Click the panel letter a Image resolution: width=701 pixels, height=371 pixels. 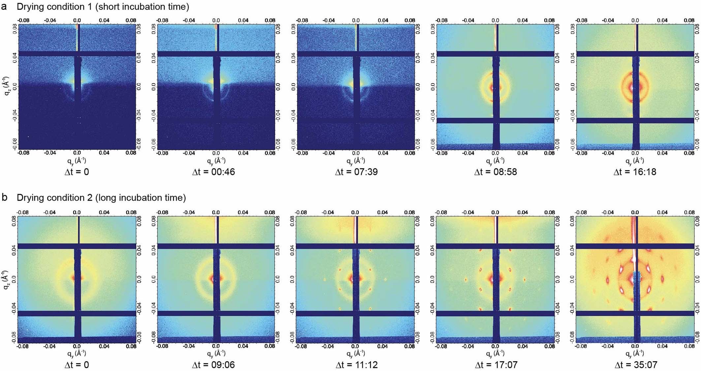tap(4, 7)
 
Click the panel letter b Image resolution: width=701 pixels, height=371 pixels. tap(5, 197)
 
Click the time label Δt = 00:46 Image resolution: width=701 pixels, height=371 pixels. tap(213, 172)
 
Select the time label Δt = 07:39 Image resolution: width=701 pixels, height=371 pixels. tap(356, 172)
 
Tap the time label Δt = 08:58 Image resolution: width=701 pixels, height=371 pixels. tap(495, 172)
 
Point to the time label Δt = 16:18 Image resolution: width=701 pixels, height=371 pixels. tap(635, 172)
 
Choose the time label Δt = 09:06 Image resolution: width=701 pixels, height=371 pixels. tap(213, 365)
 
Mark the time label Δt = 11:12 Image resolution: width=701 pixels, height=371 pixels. tap(356, 365)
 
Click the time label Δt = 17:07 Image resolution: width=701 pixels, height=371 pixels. tap(496, 365)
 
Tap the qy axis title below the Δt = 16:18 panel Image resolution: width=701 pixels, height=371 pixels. tap(635, 161)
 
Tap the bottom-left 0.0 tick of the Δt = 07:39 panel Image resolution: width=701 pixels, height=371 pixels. tap(356, 153)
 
